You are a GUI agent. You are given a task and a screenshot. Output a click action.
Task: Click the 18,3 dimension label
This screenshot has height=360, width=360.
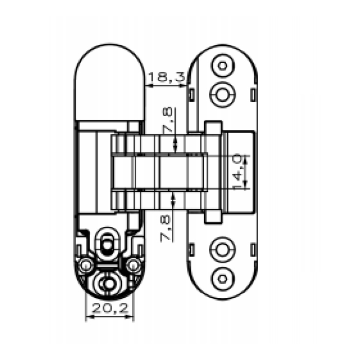pyautogui.click(x=167, y=77)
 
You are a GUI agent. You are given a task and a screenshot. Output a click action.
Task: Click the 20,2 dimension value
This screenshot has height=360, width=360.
pyautogui.click(x=110, y=309)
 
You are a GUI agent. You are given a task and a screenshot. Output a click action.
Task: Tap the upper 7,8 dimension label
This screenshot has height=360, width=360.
pyautogui.click(x=167, y=120)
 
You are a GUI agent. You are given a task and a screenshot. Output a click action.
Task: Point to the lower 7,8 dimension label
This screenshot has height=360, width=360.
pyautogui.click(x=166, y=229)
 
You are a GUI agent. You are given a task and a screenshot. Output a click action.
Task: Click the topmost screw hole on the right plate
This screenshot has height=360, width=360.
pyautogui.click(x=222, y=66)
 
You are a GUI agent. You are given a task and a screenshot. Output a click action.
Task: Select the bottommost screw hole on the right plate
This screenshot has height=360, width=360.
pyautogui.click(x=222, y=279)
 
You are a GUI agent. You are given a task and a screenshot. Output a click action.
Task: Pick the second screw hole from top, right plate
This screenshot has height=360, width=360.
pyautogui.click(x=222, y=95)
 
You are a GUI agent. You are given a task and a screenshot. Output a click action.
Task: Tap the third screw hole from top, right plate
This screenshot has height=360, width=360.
pyautogui.click(x=222, y=250)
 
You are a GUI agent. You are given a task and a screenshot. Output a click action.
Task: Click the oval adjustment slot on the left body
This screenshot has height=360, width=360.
pyautogui.click(x=107, y=244)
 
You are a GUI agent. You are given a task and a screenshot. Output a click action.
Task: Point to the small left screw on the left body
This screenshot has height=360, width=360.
pyautogui.click(x=86, y=265)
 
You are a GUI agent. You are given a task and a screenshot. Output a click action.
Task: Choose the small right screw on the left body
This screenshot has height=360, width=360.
pyautogui.click(x=133, y=265)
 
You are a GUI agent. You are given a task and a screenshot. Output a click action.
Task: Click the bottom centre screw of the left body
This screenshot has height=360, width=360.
pyautogui.click(x=108, y=284)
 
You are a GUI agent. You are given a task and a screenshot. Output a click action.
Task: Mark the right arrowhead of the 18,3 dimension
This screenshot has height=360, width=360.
pyautogui.click(x=183, y=86)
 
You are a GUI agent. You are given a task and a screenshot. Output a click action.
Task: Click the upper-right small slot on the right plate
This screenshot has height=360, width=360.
pyautogui.click(x=253, y=95)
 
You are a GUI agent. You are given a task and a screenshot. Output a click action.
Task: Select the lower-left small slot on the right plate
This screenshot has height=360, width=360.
pyautogui.click(x=191, y=250)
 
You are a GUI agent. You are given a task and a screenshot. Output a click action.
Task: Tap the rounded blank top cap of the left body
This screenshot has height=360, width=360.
pyautogui.click(x=110, y=82)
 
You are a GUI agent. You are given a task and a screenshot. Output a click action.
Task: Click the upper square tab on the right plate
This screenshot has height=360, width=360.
pyautogui.click(x=213, y=127)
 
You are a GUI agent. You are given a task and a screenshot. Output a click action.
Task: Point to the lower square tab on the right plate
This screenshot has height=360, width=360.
pyautogui.click(x=213, y=217)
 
